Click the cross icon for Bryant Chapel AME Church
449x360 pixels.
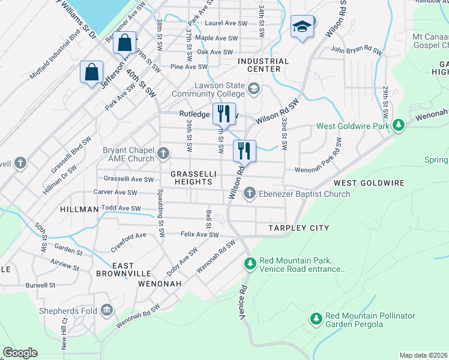click(x=162, y=154)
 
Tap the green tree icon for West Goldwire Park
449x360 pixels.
click(x=397, y=126)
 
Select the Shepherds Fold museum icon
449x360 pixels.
click(x=107, y=310)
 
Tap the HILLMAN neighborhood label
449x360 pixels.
click(x=79, y=209)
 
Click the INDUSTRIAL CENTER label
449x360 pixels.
click(x=263, y=65)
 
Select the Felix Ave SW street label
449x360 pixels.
click(x=200, y=235)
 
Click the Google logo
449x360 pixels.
click(x=20, y=353)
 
